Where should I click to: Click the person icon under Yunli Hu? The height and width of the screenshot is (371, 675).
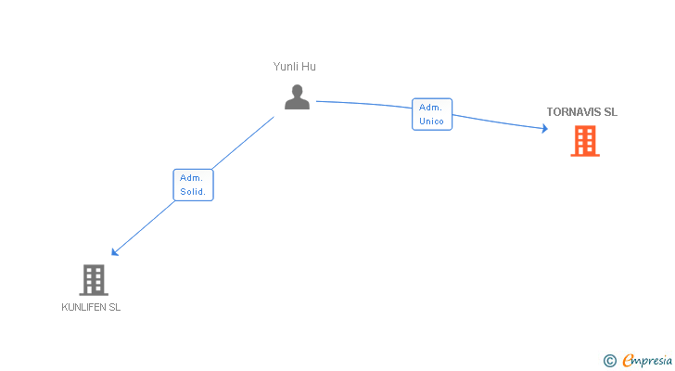(x=297, y=97)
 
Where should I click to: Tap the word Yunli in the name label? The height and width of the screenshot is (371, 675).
(x=286, y=67)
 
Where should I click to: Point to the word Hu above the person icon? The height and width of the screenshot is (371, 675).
(x=310, y=67)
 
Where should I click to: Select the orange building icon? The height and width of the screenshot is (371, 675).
(x=584, y=141)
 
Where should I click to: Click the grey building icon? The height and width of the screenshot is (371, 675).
(x=93, y=279)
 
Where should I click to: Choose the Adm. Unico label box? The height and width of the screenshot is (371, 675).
(x=432, y=114)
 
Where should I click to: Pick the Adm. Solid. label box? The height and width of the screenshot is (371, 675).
(x=193, y=185)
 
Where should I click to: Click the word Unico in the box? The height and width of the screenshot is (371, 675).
(x=432, y=122)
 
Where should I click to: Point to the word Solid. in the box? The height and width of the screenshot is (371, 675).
(x=193, y=192)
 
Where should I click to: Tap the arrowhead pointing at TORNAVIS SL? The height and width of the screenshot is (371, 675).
(x=545, y=130)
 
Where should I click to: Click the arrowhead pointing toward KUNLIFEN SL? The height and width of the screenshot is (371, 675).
(x=114, y=252)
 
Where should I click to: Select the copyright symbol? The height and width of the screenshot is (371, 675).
(x=609, y=361)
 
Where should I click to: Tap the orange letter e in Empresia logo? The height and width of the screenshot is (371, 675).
(x=628, y=361)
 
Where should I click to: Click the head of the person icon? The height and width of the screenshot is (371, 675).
(x=297, y=91)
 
